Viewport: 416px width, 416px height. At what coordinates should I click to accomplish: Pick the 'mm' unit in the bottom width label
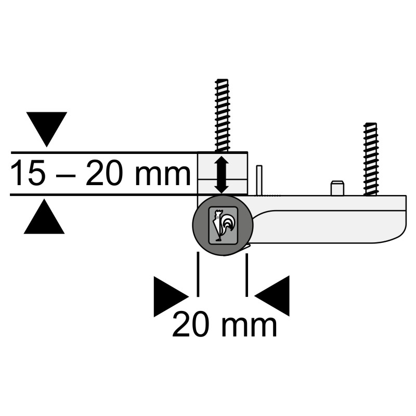coord(249,326)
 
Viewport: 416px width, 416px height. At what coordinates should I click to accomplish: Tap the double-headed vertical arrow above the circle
coord(222,175)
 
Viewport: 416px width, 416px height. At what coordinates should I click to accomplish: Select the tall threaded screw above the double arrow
coord(222,114)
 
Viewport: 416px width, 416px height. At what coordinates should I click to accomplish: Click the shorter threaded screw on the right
coord(371,159)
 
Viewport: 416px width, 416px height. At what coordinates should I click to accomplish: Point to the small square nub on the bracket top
coord(337,188)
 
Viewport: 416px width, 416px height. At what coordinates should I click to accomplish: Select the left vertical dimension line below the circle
coord(198,274)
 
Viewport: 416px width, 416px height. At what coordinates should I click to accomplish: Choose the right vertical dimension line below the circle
coord(246,274)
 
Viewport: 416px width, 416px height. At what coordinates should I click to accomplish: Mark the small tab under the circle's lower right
coord(246,248)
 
